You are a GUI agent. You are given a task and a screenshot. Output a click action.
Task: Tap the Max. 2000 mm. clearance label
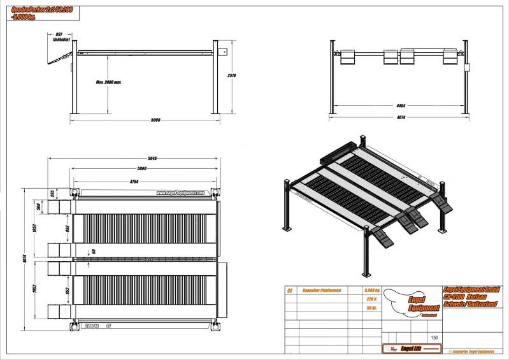[109, 82]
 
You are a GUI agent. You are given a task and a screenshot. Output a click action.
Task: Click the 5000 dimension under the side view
[155, 120]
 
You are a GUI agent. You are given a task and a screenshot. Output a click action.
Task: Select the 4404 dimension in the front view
[400, 105]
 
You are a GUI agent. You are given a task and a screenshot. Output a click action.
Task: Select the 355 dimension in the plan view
[53, 192]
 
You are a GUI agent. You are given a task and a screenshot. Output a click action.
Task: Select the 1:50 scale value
[434, 338]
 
